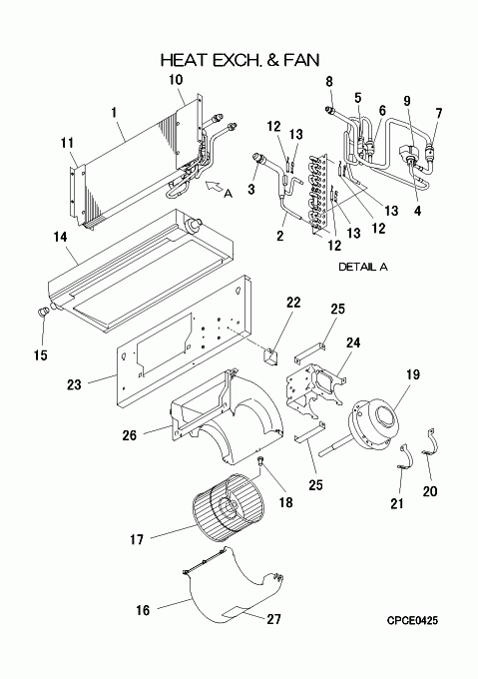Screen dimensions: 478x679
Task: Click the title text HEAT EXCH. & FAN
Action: (240, 60)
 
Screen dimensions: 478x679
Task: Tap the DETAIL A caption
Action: (363, 267)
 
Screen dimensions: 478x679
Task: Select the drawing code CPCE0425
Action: (412, 620)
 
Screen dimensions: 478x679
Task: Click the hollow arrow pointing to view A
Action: (215, 187)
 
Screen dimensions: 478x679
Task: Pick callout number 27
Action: (273, 619)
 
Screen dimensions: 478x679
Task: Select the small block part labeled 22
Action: (271, 356)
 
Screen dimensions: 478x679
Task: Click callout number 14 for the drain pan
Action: (61, 237)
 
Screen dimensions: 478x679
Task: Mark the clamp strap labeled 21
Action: (404, 457)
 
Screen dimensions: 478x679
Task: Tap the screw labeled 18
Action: (260, 460)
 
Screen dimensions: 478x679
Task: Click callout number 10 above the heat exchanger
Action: (176, 80)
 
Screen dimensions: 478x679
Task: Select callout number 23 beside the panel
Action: (74, 384)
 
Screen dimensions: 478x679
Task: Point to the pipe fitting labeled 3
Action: (260, 158)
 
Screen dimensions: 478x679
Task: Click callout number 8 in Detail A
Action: (329, 82)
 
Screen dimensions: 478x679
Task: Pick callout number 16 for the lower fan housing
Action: (143, 610)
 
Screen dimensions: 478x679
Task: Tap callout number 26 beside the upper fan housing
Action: (129, 435)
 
